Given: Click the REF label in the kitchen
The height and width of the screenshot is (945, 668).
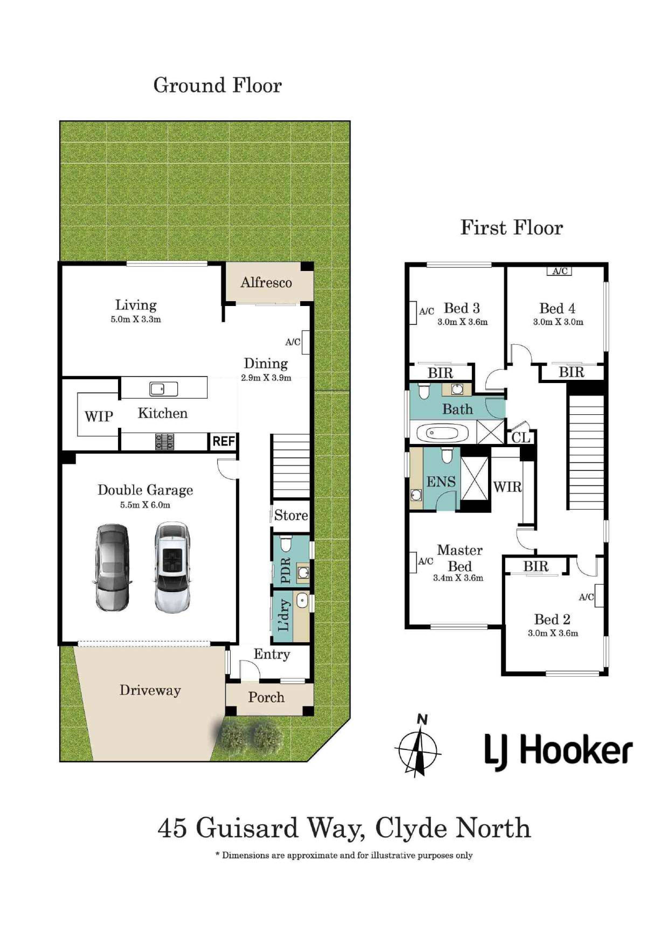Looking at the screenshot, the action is [x=223, y=442].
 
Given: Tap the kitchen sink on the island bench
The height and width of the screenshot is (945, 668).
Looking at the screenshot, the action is [x=163, y=388].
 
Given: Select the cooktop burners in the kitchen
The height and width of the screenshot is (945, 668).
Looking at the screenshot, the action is [x=164, y=442].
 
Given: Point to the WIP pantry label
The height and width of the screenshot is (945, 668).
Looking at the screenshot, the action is [x=99, y=416].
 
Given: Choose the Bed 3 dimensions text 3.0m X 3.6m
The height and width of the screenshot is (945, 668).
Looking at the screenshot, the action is [x=462, y=322].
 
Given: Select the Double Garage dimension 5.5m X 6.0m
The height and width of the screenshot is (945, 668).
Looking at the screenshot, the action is [x=145, y=505].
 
